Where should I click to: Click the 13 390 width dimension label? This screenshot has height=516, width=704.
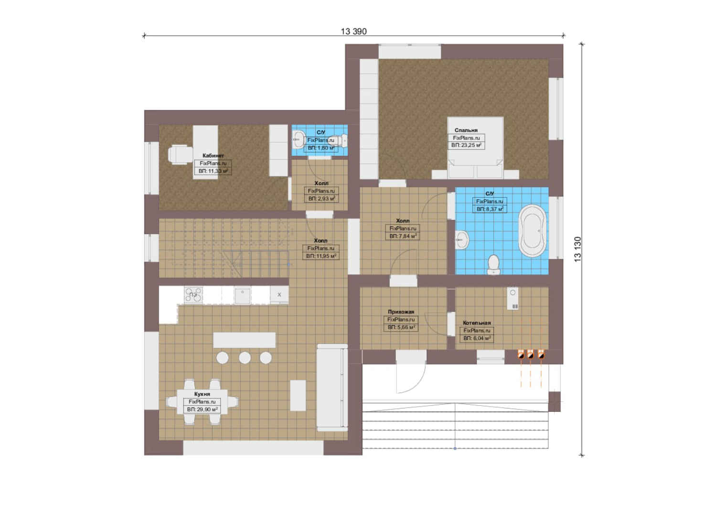(353, 32)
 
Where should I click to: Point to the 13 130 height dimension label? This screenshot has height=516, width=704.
(578, 249)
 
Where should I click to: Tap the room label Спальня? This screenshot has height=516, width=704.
(466, 130)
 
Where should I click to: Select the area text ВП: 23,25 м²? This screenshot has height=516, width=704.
(467, 145)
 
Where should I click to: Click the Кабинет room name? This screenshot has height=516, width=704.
(213, 156)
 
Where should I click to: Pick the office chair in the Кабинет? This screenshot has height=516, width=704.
(180, 154)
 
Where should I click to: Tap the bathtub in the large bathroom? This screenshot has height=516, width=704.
(533, 231)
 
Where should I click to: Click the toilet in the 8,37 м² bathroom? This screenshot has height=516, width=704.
(493, 264)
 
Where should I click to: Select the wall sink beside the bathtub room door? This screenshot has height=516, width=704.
(462, 240)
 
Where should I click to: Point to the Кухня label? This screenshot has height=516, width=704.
(202, 394)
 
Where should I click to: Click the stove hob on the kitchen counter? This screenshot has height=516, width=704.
(193, 295)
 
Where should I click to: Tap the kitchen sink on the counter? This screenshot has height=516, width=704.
(243, 295)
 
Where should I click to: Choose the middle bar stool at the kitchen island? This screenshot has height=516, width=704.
(245, 358)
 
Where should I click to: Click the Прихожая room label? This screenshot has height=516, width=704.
(401, 312)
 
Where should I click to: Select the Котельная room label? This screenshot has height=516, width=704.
(477, 323)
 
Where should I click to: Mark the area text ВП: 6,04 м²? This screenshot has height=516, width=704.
(477, 338)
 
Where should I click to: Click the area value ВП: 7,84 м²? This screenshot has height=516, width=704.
(403, 236)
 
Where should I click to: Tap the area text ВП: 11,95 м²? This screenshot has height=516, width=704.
(321, 256)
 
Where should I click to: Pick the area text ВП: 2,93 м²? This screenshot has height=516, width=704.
(321, 199)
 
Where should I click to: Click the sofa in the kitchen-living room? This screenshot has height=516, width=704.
(332, 387)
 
